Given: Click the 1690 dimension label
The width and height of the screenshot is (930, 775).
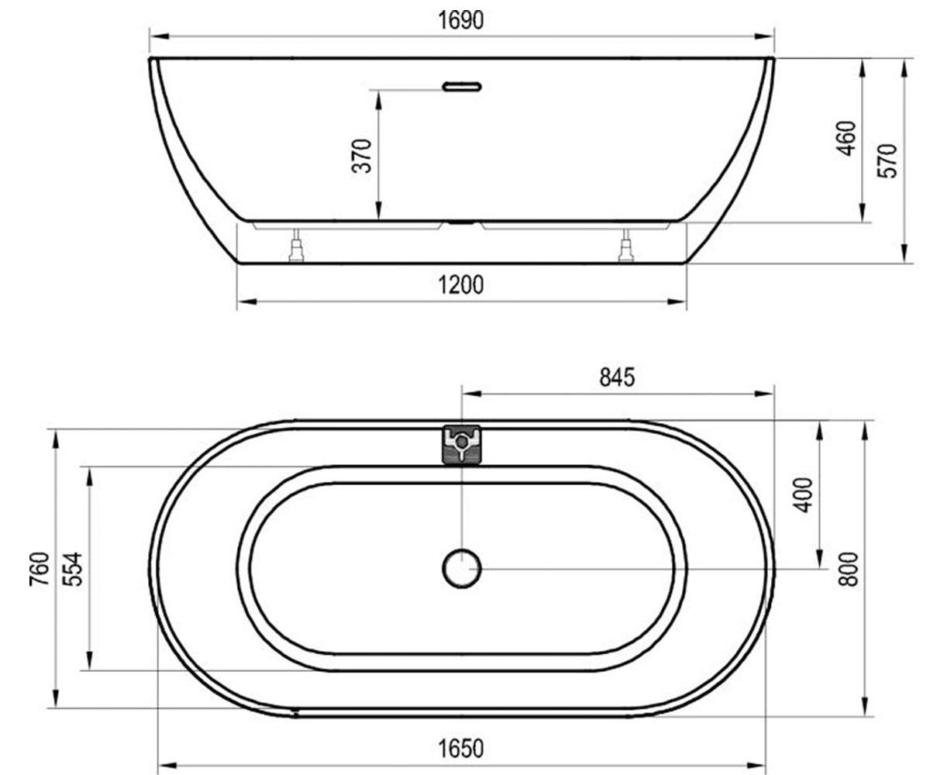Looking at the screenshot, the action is point(461,20).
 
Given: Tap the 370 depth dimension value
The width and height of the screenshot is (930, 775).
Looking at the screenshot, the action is point(362,156).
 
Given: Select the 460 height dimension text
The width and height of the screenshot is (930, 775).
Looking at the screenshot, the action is point(846,139).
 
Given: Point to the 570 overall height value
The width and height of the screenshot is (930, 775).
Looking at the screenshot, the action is point(887,160).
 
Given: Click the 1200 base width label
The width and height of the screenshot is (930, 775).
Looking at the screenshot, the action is point(461,285).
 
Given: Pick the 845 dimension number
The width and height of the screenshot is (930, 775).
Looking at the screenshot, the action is point(617,377).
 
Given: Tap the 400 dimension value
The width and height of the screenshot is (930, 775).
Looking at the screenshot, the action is point(803,495).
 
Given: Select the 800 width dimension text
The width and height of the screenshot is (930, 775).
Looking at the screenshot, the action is point(848,569).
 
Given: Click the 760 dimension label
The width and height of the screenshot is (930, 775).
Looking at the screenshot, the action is point(40,569).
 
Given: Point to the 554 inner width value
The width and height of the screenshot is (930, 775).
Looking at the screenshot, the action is point(73,569).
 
